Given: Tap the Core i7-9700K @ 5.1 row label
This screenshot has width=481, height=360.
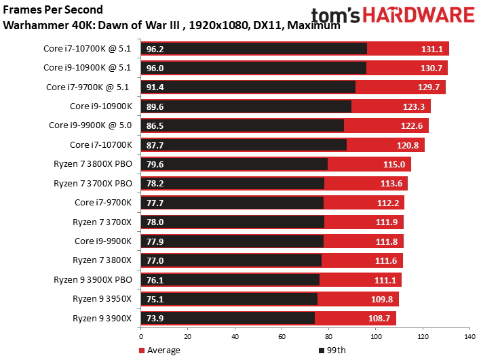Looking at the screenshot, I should click(90, 87).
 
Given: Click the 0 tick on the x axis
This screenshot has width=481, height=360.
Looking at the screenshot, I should click(141, 336).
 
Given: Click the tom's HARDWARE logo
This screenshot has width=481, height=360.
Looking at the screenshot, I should click(393, 16).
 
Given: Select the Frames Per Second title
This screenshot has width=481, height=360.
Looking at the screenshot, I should click(54, 10).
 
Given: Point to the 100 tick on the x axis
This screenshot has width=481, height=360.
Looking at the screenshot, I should click(375, 336).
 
